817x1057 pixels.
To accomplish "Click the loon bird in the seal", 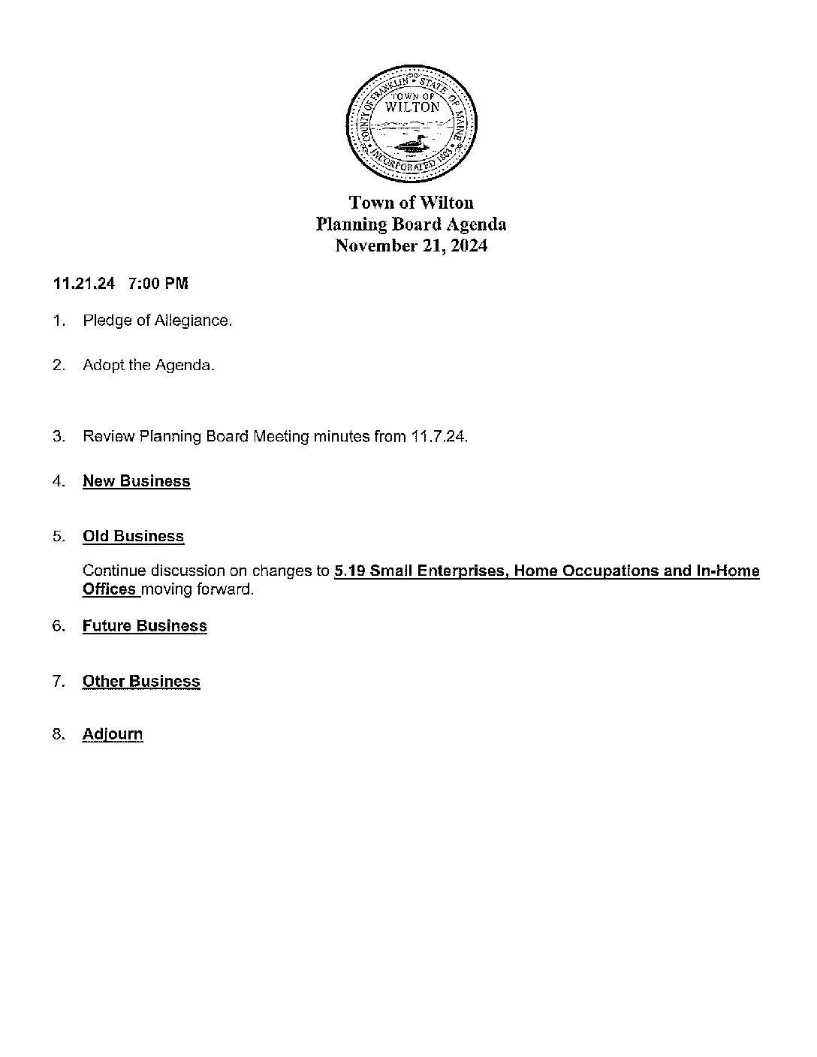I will pos(408,145).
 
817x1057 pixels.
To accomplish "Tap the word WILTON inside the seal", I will pos(412,107).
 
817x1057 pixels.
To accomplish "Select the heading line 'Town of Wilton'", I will pos(412,203).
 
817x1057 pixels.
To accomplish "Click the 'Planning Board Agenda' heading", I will pos(411,224).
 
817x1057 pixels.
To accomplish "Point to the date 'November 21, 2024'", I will pos(411,246).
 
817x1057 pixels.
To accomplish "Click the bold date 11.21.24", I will pos(84,284).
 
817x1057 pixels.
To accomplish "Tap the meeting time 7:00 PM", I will pos(158,284).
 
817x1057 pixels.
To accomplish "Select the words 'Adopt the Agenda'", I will pos(148,366).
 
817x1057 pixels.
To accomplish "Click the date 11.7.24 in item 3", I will pos(439,436).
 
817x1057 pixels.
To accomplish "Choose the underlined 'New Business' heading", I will pos(136,481).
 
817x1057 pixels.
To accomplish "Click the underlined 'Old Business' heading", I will pos(133,536).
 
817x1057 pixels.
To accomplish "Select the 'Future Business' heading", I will pos(144,626).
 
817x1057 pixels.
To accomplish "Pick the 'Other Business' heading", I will pos(141,682).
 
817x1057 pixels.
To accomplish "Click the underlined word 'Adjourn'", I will pos(113,734).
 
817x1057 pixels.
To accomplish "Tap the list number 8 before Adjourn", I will pos(58,734).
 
